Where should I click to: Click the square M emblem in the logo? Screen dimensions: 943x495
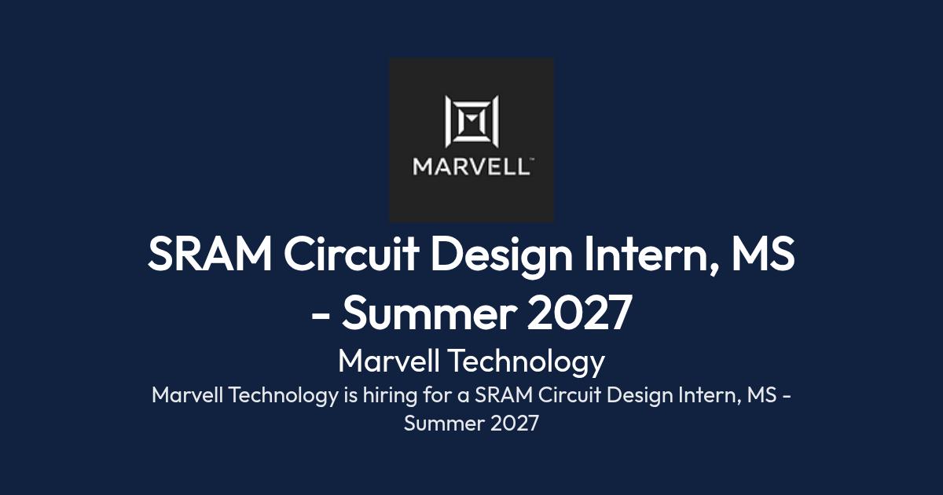472,122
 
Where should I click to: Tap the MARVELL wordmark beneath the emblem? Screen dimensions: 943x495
471,167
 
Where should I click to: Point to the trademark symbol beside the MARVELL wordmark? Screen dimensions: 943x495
532,159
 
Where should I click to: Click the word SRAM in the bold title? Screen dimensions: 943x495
210,254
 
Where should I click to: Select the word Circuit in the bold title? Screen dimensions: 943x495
351,254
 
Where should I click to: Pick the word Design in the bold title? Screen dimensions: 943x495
501,256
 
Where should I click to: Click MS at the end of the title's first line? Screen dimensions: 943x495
763,254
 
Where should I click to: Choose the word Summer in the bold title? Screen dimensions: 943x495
429,313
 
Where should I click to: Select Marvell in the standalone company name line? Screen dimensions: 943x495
389,361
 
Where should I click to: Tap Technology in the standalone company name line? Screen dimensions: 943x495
528,363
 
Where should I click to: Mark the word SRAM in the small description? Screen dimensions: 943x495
504,395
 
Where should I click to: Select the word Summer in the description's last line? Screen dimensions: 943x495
444,423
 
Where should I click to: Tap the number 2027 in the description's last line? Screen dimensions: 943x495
515,423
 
